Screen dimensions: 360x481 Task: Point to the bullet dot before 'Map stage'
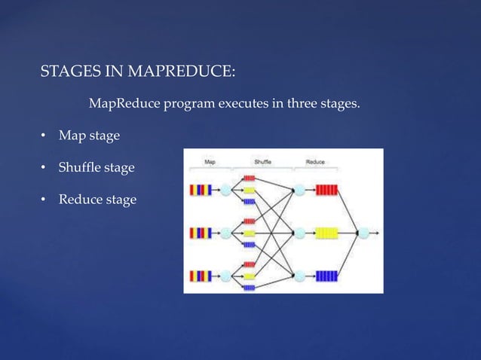(44, 136)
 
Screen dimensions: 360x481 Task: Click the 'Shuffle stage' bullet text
(97, 167)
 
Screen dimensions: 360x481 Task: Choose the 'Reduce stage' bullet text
(97, 200)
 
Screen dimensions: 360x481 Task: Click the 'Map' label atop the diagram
(210, 162)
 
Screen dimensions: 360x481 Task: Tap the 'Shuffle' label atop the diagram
(263, 162)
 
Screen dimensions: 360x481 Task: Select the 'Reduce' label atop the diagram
(315, 162)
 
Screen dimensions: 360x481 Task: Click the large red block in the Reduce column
(326, 190)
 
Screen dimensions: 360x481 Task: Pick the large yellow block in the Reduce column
(326, 232)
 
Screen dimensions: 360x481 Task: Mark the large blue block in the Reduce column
(326, 275)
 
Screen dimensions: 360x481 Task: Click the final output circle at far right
(366, 232)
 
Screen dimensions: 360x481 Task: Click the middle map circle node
(227, 232)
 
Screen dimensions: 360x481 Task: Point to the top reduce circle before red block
(299, 190)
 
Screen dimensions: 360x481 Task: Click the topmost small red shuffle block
(249, 178)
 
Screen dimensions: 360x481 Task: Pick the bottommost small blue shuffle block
(249, 287)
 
